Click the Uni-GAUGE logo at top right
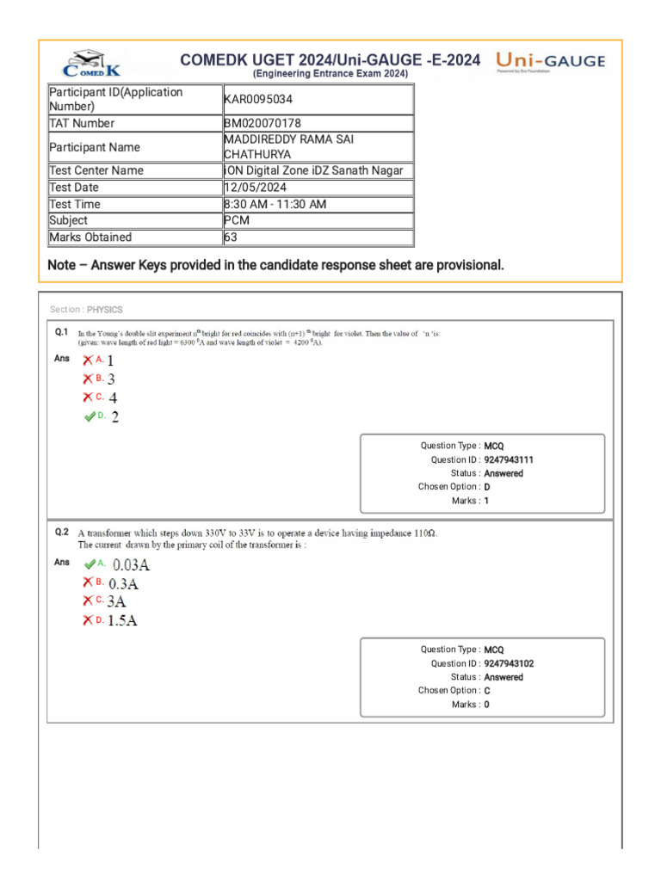551,62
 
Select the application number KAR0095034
258,99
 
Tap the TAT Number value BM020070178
263,124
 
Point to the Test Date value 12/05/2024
256,188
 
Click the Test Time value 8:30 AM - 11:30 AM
281,204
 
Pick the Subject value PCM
237,220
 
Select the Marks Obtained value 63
231,237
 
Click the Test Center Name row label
96,170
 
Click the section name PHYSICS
105,310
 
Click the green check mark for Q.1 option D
90,416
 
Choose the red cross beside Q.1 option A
88,360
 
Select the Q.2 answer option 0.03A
132,565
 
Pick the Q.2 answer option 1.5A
122,620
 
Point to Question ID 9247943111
515,459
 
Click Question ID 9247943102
515,663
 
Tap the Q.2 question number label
61,533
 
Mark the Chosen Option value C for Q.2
487,690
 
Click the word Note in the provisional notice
62,265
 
